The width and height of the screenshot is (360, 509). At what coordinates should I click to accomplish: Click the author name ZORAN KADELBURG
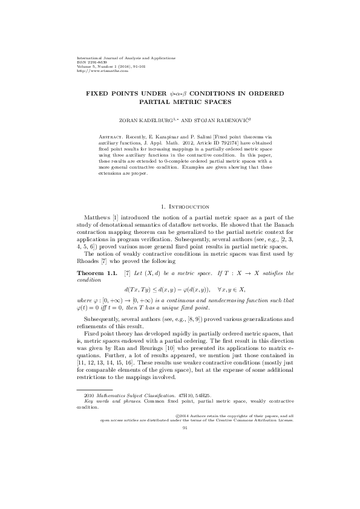coord(155,121)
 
